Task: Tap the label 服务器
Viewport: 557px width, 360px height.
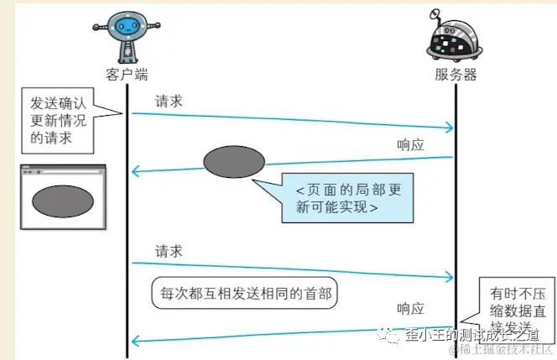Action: pos(455,75)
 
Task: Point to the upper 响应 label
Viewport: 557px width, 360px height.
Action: pos(411,143)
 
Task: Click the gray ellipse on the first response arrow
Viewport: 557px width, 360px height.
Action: pos(234,161)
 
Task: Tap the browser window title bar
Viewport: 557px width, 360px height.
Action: pos(62,170)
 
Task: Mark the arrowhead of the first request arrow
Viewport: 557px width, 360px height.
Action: pos(450,128)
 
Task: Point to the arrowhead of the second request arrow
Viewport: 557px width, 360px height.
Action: pos(450,277)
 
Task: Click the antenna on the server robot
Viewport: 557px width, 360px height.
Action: pos(435,13)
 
